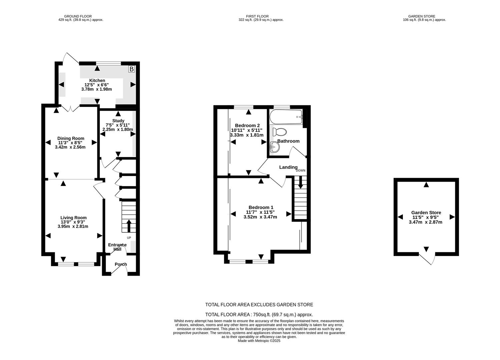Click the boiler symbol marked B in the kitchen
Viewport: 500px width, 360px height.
[x=131, y=69]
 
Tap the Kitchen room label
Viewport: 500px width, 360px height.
[x=97, y=80]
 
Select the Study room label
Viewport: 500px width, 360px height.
[x=118, y=121]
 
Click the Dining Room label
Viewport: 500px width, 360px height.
[x=71, y=138]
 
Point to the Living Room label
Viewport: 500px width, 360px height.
[x=73, y=218]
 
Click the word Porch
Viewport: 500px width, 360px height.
[x=121, y=264]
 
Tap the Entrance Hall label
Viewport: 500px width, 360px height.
[x=117, y=247]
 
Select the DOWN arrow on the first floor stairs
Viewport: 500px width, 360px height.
[x=301, y=181]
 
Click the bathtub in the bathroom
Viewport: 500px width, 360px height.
[x=286, y=117]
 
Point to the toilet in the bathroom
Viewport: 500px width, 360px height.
[x=279, y=132]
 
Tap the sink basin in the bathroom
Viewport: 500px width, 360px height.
[x=274, y=146]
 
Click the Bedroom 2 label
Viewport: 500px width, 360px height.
[x=247, y=125]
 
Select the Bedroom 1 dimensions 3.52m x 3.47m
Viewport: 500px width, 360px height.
[x=260, y=217]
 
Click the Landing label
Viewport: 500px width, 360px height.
[x=288, y=167]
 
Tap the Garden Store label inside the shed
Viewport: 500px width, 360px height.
[x=426, y=212]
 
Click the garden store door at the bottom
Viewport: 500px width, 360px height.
[x=428, y=259]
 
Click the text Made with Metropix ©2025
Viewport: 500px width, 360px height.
[x=259, y=341]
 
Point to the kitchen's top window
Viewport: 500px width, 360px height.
[x=109, y=63]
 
